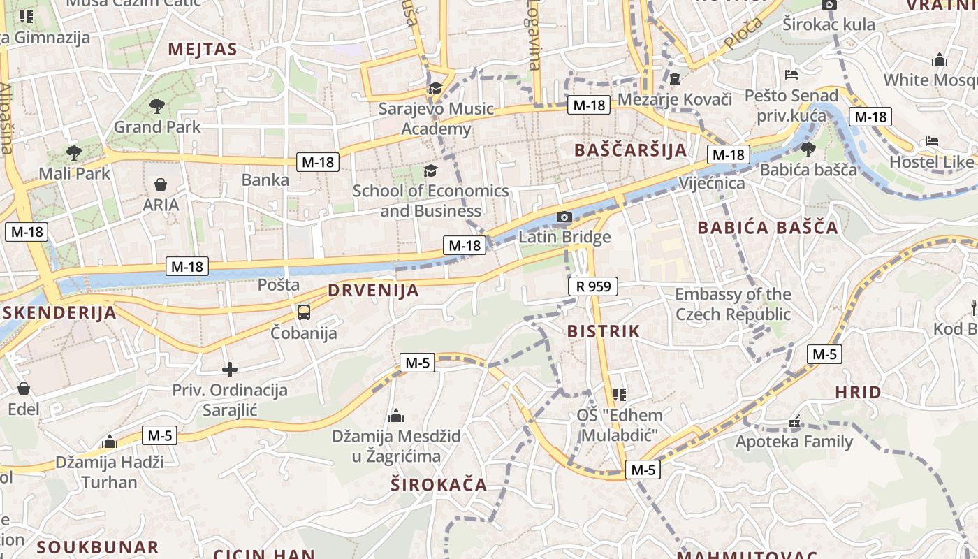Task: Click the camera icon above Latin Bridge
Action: [x=564, y=217]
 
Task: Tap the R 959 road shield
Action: [x=593, y=286]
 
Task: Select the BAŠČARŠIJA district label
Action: [x=630, y=150]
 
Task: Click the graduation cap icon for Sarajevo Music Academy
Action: [x=435, y=88]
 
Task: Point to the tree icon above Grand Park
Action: [x=157, y=106]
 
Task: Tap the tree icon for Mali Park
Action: [x=73, y=152]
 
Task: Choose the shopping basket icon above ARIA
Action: [x=161, y=184]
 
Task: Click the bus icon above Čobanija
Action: [x=304, y=312]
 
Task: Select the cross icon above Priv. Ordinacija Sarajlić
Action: [x=230, y=370]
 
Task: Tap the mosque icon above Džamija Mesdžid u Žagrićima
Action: [x=396, y=416]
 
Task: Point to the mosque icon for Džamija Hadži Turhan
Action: [x=109, y=442]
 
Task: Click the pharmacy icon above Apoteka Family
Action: [x=794, y=422]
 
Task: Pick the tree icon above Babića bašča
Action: [x=808, y=149]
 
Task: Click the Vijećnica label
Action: [x=712, y=183]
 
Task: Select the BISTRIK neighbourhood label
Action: [x=604, y=331]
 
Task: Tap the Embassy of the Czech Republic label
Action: [x=733, y=304]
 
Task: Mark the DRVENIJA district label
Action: [x=373, y=291]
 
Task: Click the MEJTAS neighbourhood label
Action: [x=203, y=49]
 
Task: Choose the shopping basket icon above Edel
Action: [x=24, y=389]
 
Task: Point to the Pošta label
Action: [x=279, y=284]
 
